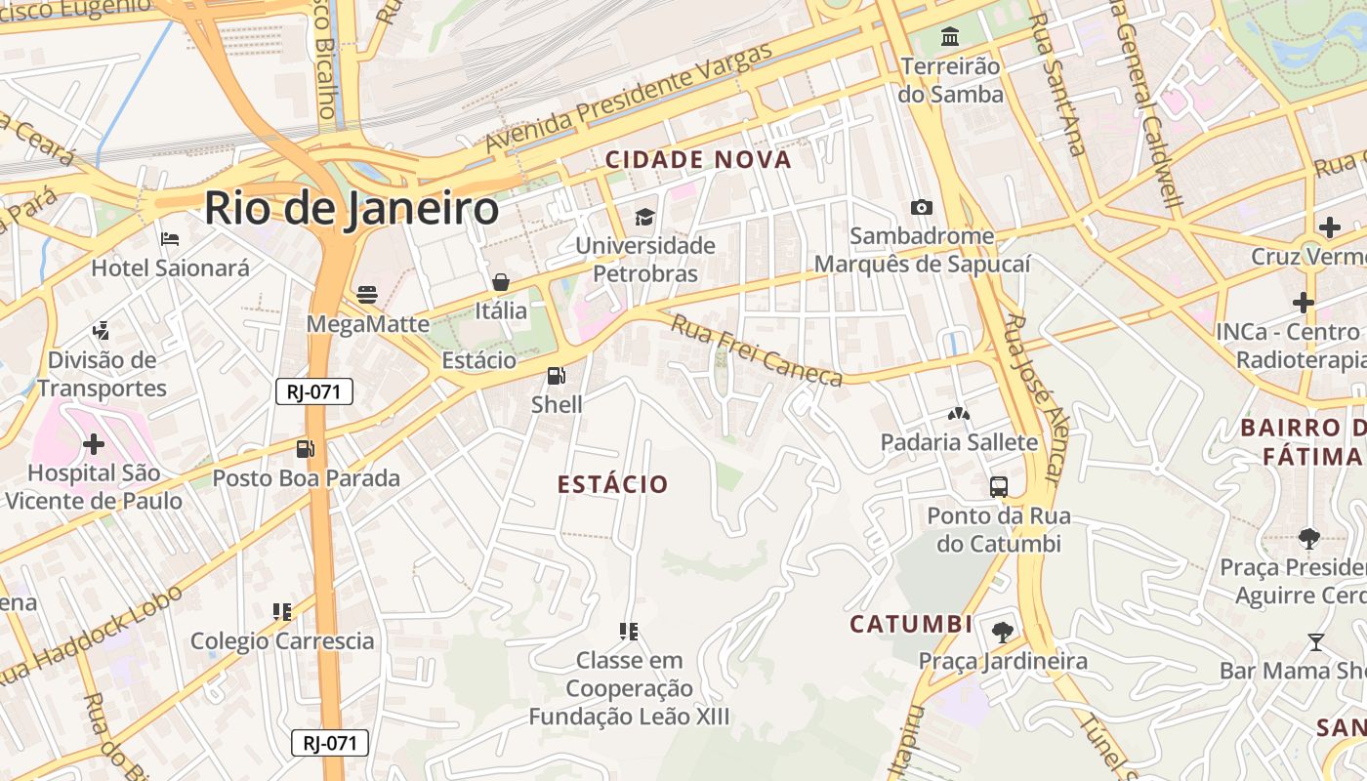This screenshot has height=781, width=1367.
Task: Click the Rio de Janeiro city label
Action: click(352, 209)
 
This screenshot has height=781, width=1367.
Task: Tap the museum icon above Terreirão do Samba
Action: click(949, 37)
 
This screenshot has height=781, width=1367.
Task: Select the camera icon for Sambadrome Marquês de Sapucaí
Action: click(921, 207)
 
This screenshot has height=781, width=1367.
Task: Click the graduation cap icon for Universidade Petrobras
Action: click(644, 216)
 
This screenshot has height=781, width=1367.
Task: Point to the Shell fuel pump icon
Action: click(556, 375)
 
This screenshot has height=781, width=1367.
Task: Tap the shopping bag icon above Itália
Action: click(501, 282)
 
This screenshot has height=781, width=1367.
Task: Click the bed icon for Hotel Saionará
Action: click(170, 238)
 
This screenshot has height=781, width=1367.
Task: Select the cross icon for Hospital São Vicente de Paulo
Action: click(94, 444)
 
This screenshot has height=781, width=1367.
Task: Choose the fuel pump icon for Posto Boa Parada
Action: click(306, 449)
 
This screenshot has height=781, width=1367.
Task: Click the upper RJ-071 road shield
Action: click(313, 391)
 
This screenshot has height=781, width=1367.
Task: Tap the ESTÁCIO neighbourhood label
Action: click(613, 484)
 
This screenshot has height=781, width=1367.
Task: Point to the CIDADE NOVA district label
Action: click(698, 160)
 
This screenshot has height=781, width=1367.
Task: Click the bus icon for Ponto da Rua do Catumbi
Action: click(998, 486)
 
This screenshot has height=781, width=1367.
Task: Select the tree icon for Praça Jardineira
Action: click(1002, 632)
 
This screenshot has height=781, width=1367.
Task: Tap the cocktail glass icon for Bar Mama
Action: click(1315, 641)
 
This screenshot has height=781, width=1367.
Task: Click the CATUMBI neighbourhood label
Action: click(911, 624)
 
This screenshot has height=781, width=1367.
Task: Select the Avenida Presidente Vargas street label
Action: click(630, 97)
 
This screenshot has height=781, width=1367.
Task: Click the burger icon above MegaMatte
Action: click(367, 294)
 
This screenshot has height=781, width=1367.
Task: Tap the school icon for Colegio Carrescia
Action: click(282, 612)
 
